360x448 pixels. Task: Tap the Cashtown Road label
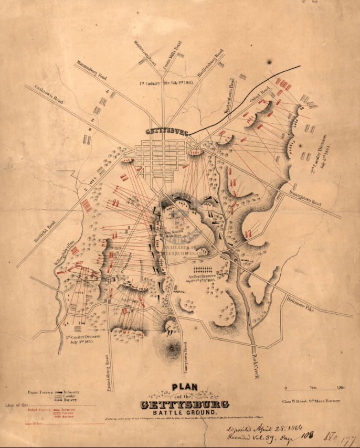46,92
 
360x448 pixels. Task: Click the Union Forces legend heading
40,392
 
